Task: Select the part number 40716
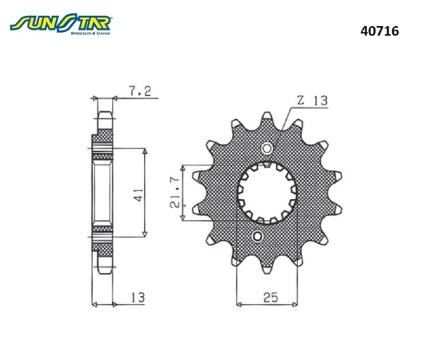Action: point(378,33)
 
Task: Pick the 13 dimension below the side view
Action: point(137,295)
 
